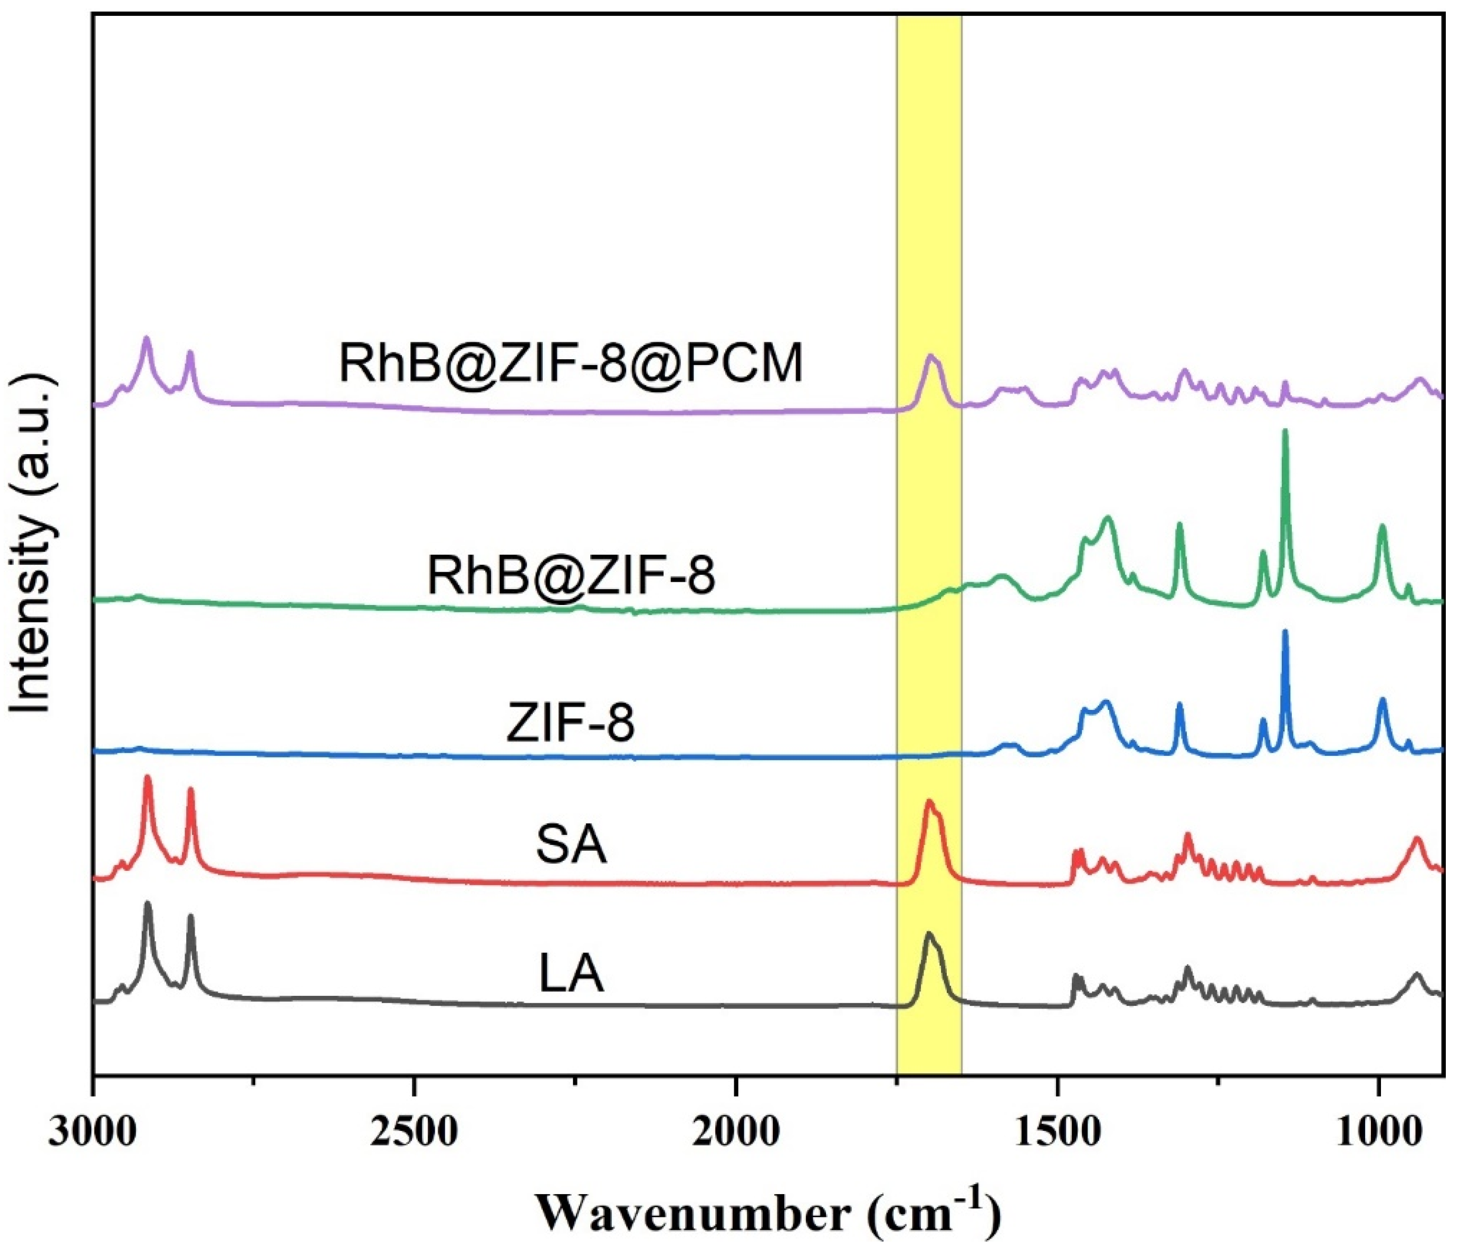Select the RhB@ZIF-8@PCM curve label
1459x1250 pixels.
tap(570, 364)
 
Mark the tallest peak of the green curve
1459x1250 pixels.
tap(1285, 431)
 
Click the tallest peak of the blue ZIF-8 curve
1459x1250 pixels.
tap(1285, 632)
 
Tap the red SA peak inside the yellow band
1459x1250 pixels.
tap(929, 801)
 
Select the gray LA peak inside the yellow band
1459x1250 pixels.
tap(928, 934)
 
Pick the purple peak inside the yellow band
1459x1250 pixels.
tap(931, 357)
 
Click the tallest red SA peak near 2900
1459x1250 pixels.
tap(147, 777)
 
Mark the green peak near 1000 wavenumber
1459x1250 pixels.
tap(1381, 526)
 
